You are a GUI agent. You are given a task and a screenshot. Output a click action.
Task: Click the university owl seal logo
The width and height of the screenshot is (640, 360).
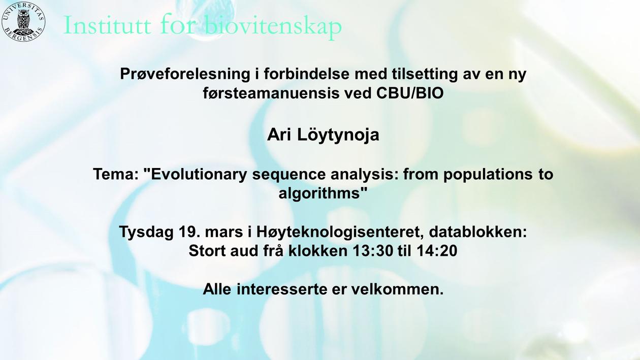pos(23,22)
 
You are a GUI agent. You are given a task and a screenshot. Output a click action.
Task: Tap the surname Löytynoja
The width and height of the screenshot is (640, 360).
pos(338,135)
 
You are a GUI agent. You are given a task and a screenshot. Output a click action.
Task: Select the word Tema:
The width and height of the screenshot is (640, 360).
pos(116,174)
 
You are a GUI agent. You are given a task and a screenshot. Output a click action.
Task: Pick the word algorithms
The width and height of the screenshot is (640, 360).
pos(319,193)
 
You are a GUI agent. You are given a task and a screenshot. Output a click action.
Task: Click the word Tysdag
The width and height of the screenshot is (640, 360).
pos(146,232)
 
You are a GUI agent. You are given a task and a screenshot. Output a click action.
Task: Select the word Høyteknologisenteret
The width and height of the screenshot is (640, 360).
pos(340,232)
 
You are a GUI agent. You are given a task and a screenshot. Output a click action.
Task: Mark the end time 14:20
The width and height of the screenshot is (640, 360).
pos(437,251)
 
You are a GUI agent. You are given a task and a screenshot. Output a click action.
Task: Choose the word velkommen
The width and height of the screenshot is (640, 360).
pos(397,289)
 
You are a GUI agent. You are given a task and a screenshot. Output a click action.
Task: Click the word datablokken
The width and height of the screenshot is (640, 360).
pos(478,232)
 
